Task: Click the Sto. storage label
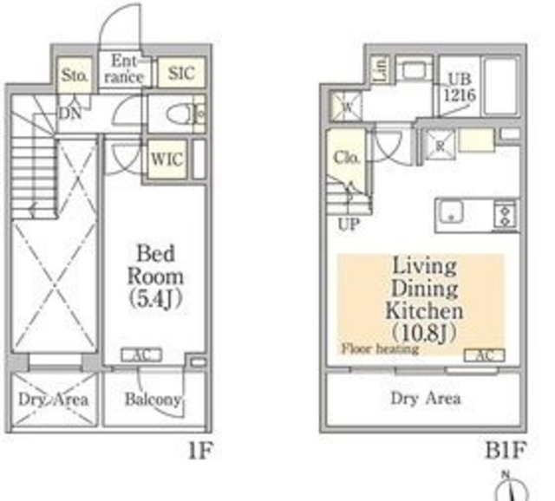click(x=75, y=76)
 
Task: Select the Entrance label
click(x=127, y=69)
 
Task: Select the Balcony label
click(x=153, y=400)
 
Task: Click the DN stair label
click(x=71, y=112)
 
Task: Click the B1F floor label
click(x=506, y=451)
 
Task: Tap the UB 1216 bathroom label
click(x=460, y=85)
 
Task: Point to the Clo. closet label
click(x=344, y=159)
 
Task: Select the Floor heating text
click(x=380, y=349)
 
